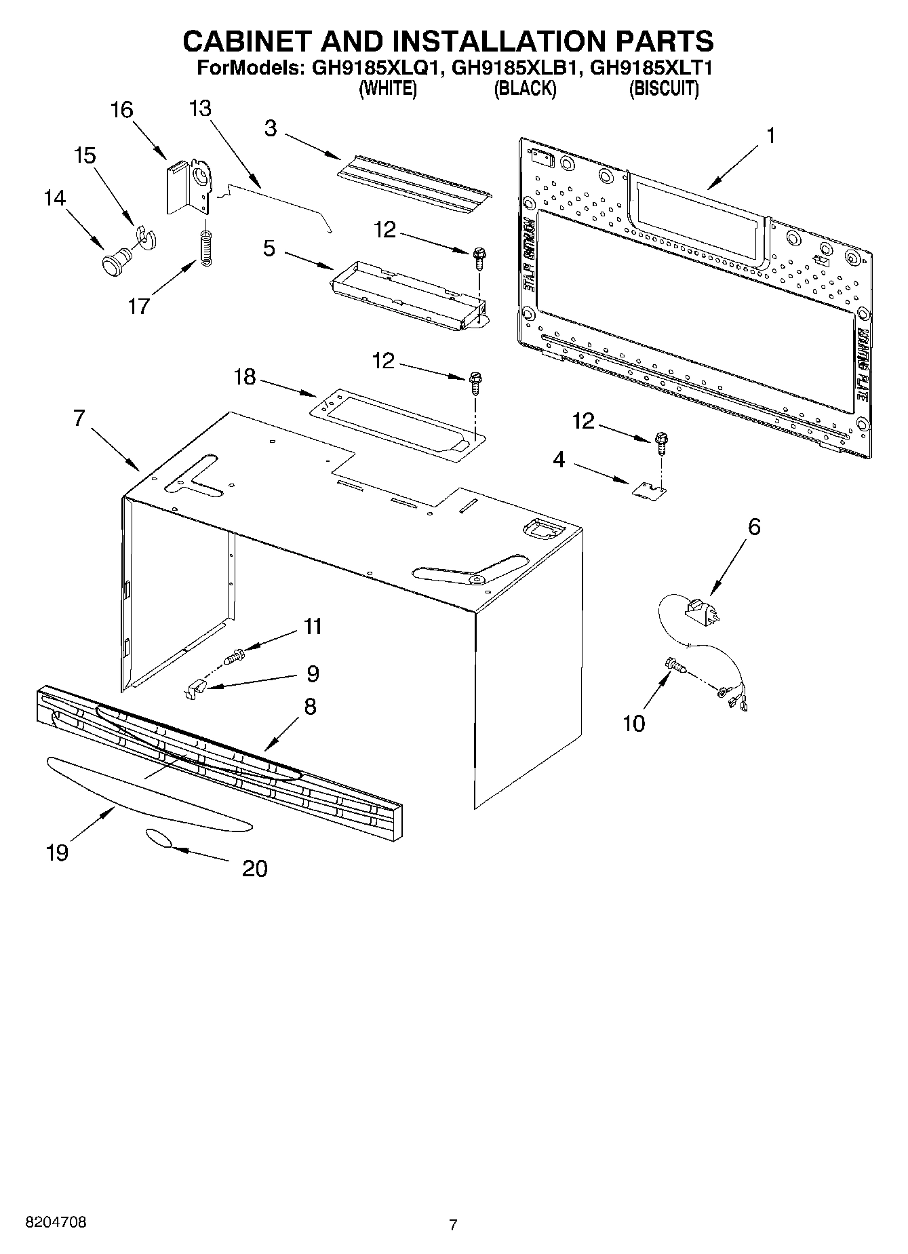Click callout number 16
coord(122,110)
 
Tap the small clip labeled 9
coord(195,690)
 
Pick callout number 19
coord(58,852)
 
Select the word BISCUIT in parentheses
coord(664,88)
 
